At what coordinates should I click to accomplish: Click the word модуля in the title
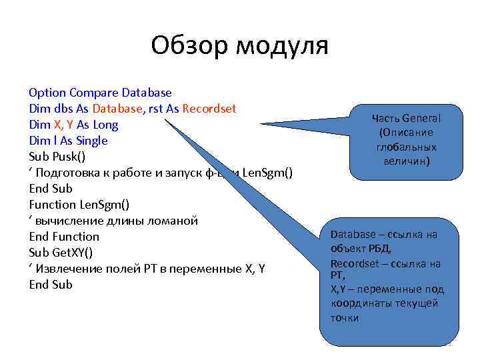283,46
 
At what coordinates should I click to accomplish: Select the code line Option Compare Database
100,93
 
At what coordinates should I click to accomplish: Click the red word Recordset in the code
209,109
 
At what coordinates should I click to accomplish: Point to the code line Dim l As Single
68,141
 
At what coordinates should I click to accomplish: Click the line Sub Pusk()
57,157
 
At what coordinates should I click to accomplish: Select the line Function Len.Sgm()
79,205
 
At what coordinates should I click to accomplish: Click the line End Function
64,237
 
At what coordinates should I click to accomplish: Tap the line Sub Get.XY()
61,253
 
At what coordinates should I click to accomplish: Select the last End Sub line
51,285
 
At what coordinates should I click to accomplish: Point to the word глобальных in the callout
406,147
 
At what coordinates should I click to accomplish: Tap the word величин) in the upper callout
406,161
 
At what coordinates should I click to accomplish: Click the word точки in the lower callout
344,317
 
